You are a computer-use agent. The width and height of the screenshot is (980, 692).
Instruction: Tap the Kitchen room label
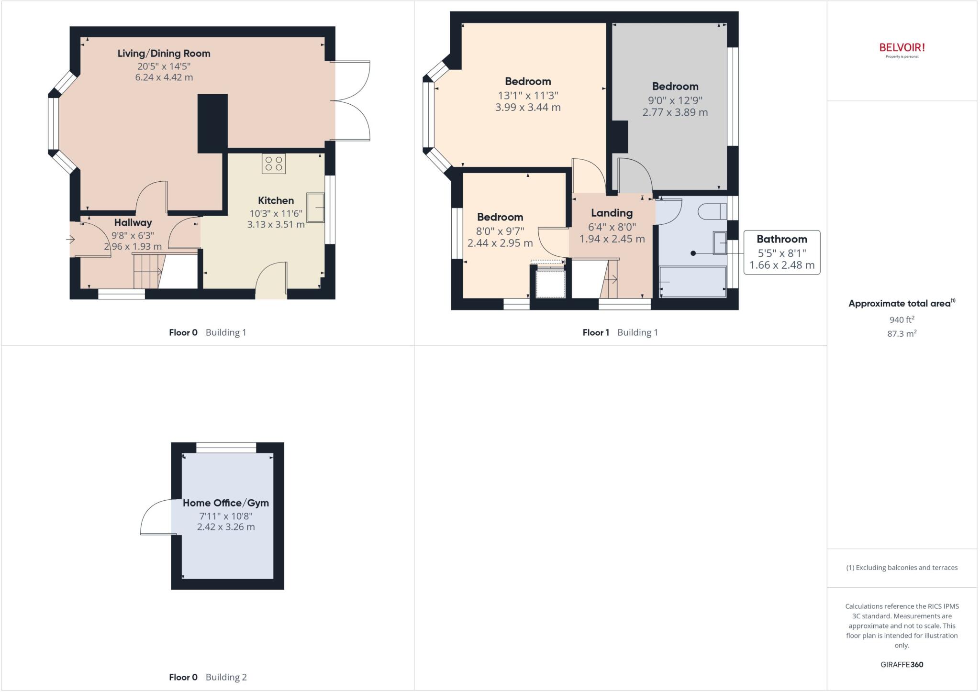click(x=276, y=201)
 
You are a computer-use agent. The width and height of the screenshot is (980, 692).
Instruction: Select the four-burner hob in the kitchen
click(x=273, y=163)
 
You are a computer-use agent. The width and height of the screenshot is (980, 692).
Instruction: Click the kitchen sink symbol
click(x=315, y=207)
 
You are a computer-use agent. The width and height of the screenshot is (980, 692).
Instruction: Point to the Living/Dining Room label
click(x=164, y=54)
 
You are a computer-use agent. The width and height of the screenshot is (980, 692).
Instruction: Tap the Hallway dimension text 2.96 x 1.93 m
click(x=133, y=247)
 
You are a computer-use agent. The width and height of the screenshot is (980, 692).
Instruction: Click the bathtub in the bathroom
click(x=692, y=282)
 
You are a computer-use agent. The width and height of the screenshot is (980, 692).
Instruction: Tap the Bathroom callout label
click(x=781, y=239)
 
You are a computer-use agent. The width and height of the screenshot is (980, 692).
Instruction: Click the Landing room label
click(x=612, y=213)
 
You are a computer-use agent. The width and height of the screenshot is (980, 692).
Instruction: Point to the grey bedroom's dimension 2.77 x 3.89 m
click(x=675, y=112)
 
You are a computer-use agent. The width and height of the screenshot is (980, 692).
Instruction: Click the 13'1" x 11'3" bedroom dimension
click(x=528, y=96)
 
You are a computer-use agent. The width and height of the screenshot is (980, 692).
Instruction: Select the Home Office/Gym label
click(x=225, y=503)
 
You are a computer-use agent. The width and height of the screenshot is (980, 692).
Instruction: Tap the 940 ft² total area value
click(x=902, y=319)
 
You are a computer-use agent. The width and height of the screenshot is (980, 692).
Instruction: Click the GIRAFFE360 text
click(x=902, y=664)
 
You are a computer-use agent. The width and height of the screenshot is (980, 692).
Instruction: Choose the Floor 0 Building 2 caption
click(x=208, y=677)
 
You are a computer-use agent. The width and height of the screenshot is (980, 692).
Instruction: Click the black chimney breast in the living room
click(x=212, y=123)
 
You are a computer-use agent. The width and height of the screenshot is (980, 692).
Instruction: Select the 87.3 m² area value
click(x=902, y=334)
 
